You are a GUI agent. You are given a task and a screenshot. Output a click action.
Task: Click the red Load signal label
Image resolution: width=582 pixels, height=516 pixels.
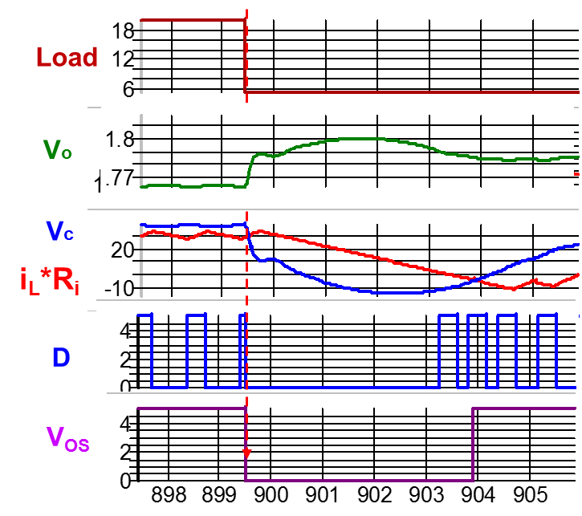pos(67,58)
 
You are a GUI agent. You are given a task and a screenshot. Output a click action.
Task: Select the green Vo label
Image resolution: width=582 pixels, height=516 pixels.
pos(57,150)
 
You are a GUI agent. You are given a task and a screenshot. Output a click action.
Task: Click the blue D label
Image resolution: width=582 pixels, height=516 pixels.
pos(61,358)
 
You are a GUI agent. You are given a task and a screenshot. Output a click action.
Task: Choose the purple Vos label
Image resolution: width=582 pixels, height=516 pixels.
pos(67,438)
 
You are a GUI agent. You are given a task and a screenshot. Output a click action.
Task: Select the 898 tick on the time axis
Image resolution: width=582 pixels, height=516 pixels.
pos(166,493)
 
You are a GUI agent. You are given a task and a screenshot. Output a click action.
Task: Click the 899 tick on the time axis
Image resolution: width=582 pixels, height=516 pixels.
pos(218,493)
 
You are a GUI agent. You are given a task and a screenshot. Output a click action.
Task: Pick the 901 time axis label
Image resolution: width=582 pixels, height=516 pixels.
pos(322,493)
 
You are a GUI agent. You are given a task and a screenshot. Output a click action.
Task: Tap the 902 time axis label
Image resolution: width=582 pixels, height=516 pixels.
pos(374,493)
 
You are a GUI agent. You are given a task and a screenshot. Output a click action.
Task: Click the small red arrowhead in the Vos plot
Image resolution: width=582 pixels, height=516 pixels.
pos(247,453)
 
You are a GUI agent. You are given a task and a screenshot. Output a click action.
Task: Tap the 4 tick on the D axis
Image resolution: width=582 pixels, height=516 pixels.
pos(124,329)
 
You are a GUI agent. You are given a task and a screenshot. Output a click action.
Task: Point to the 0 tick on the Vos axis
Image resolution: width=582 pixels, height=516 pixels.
pos(124,481)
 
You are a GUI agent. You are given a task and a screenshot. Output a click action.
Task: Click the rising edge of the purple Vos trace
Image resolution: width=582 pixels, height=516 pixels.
pos(474,445)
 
